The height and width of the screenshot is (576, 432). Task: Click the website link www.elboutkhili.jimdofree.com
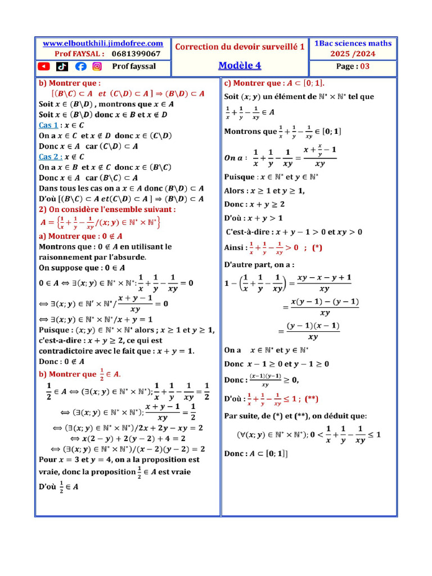pyautogui.click(x=103, y=43)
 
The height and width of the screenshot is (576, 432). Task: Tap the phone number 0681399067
pyautogui.click(x=136, y=54)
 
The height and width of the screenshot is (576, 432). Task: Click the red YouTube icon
pyautogui.click(x=44, y=66)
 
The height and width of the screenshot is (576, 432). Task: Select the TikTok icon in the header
pyautogui.click(x=62, y=66)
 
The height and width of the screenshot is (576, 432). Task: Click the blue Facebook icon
pyautogui.click(x=80, y=66)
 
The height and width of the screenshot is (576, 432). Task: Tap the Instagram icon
pyautogui.click(x=97, y=66)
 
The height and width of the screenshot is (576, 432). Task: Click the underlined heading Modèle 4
pyautogui.click(x=240, y=66)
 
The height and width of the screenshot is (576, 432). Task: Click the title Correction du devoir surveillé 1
pyautogui.click(x=240, y=47)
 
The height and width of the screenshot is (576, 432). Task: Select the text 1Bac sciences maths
pyautogui.click(x=353, y=43)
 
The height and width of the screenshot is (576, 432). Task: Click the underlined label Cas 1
pyautogui.click(x=48, y=125)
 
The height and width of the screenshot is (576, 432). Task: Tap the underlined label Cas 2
pyautogui.click(x=49, y=156)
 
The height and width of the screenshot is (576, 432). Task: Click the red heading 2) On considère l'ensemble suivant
pyautogui.click(x=107, y=209)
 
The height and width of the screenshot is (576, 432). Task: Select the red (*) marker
pyautogui.click(x=317, y=247)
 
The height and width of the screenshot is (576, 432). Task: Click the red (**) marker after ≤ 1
pyautogui.click(x=312, y=399)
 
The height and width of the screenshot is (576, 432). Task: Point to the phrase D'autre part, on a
pyautogui.click(x=259, y=264)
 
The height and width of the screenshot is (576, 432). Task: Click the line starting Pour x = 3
pyautogui.click(x=119, y=460)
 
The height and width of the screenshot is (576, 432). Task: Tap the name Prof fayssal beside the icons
pyautogui.click(x=134, y=66)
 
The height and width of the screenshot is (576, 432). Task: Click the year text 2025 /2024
pyautogui.click(x=353, y=54)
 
